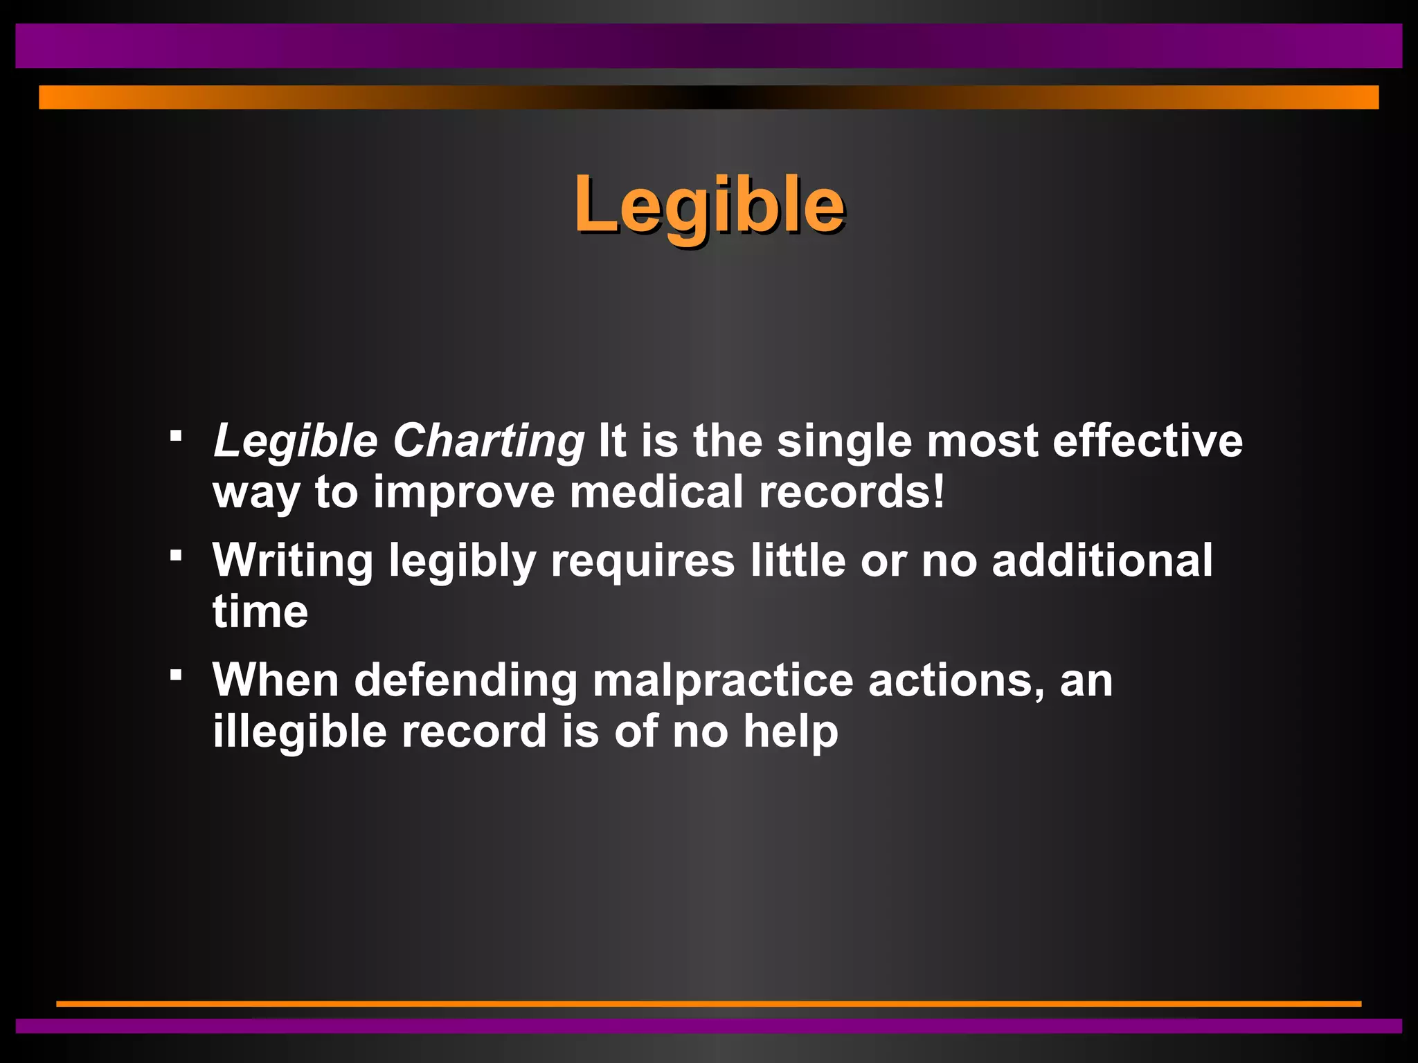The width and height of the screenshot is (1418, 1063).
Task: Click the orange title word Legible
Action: point(709,205)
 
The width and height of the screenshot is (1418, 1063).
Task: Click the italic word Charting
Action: point(489,441)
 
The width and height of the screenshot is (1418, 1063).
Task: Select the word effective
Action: point(1147,441)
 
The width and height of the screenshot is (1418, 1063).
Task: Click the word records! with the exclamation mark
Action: point(852,492)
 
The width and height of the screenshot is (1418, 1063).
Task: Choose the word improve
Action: point(464,492)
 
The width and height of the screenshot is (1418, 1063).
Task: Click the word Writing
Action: point(292,561)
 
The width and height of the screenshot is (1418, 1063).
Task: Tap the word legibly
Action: point(462,561)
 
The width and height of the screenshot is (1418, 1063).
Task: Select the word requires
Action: point(642,561)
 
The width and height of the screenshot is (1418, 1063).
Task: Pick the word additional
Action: point(1102,561)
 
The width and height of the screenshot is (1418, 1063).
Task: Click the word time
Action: point(260,612)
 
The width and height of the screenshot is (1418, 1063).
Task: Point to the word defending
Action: point(466,680)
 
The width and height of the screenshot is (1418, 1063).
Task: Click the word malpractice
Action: point(723,680)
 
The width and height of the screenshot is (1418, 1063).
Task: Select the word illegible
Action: point(299,732)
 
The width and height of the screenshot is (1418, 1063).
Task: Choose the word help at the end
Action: point(790,732)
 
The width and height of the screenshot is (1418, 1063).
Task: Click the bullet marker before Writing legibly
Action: point(177,555)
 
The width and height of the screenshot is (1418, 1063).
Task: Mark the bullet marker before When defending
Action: point(177,674)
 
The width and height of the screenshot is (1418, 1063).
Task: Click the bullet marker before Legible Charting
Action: point(177,436)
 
